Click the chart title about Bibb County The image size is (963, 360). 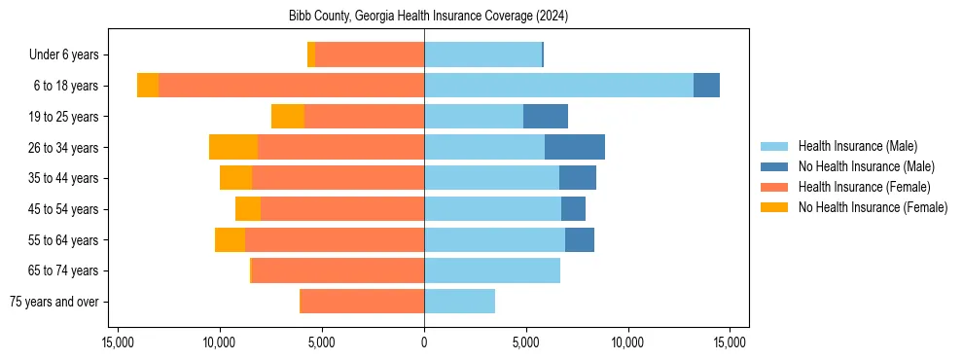429,17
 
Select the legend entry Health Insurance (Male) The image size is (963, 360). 857,146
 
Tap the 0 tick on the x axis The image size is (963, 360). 424,342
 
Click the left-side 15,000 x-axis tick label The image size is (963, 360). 118,342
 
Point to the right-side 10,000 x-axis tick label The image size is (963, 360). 627,342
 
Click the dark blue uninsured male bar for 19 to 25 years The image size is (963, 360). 546,117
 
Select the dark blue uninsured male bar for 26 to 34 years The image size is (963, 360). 575,147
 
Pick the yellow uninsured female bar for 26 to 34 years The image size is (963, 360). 233,147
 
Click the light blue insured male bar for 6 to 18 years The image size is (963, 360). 558,86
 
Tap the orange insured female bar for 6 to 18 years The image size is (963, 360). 291,86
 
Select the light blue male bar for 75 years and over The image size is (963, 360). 459,302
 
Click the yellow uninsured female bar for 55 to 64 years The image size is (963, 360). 230,239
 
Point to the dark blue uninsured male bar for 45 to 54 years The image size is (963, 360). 573,209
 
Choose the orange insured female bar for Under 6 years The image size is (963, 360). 370,54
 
